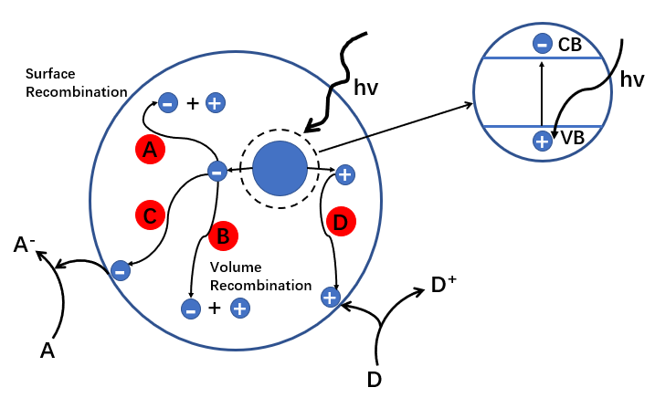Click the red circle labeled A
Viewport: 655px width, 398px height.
pyautogui.click(x=150, y=152)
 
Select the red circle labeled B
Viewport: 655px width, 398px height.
pyautogui.click(x=222, y=236)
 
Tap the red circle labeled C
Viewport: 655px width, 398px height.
pyautogui.click(x=150, y=215)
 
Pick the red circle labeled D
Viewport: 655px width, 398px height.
pyautogui.click(x=341, y=222)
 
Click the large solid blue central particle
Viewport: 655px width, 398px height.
pyautogui.click(x=280, y=169)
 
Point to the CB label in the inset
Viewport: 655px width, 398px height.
pyautogui.click(x=571, y=44)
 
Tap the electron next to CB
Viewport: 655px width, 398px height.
pyautogui.click(x=542, y=44)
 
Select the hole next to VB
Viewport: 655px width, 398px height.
pyautogui.click(x=542, y=141)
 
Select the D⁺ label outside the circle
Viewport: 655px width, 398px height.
pyautogui.click(x=444, y=287)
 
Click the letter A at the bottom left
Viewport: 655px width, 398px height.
pyautogui.click(x=48, y=350)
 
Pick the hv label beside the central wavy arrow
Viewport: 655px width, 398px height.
pyautogui.click(x=368, y=89)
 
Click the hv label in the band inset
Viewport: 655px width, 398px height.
pyautogui.click(x=632, y=80)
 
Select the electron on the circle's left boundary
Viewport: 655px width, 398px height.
pyautogui.click(x=120, y=270)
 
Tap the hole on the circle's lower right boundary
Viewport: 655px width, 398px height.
pyautogui.click(x=331, y=297)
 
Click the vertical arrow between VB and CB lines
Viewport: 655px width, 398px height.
pyautogui.click(x=542, y=95)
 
